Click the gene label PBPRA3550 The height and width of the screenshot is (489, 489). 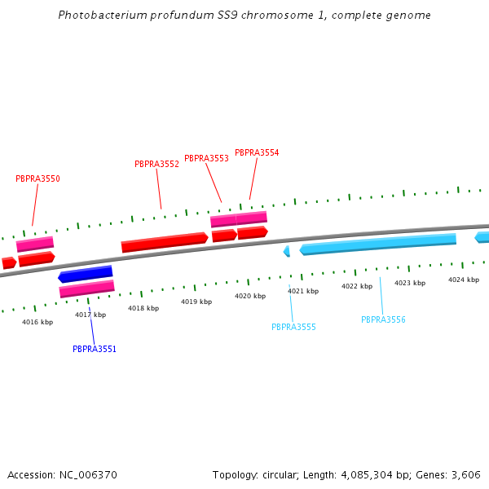tap(37, 178)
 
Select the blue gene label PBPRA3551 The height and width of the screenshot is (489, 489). tap(95, 349)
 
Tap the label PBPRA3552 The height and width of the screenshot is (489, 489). tap(156, 164)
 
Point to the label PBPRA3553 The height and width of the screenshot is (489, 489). tap(206, 158)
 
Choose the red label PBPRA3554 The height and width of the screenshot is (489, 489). tap(257, 152)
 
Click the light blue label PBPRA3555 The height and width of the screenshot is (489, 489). tap(293, 327)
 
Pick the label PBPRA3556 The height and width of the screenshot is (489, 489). tap(383, 319)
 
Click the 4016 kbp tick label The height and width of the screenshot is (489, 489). tap(37, 322)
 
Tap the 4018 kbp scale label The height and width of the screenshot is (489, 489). tap(143, 308)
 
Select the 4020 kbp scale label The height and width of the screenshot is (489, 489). tap(250, 296)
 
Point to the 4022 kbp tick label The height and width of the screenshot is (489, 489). tap(356, 286)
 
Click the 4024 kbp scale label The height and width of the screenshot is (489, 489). tap(463, 280)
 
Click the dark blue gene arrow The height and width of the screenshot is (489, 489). tap(86, 274)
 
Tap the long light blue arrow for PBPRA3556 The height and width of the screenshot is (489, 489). tap(377, 244)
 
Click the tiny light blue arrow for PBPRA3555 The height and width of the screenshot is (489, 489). tap(286, 252)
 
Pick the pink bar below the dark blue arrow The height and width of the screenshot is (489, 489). tap(86, 289)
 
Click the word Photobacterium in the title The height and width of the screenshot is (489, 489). tap(95, 15)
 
